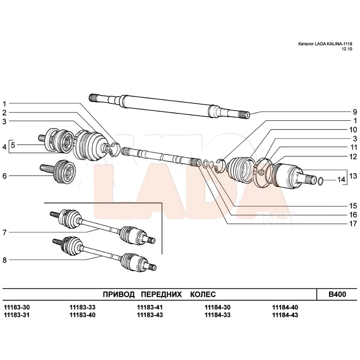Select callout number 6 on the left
[x=5, y=176]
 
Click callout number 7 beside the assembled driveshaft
[x=5, y=233]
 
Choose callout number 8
[x=5, y=260]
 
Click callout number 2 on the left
[x=5, y=113]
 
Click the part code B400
[x=337, y=294]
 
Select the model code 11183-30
[x=17, y=308]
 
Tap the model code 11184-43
[x=285, y=315]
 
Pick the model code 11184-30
[x=217, y=308]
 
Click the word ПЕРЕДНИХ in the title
[x=161, y=294]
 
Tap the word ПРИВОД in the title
[x=118, y=294]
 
